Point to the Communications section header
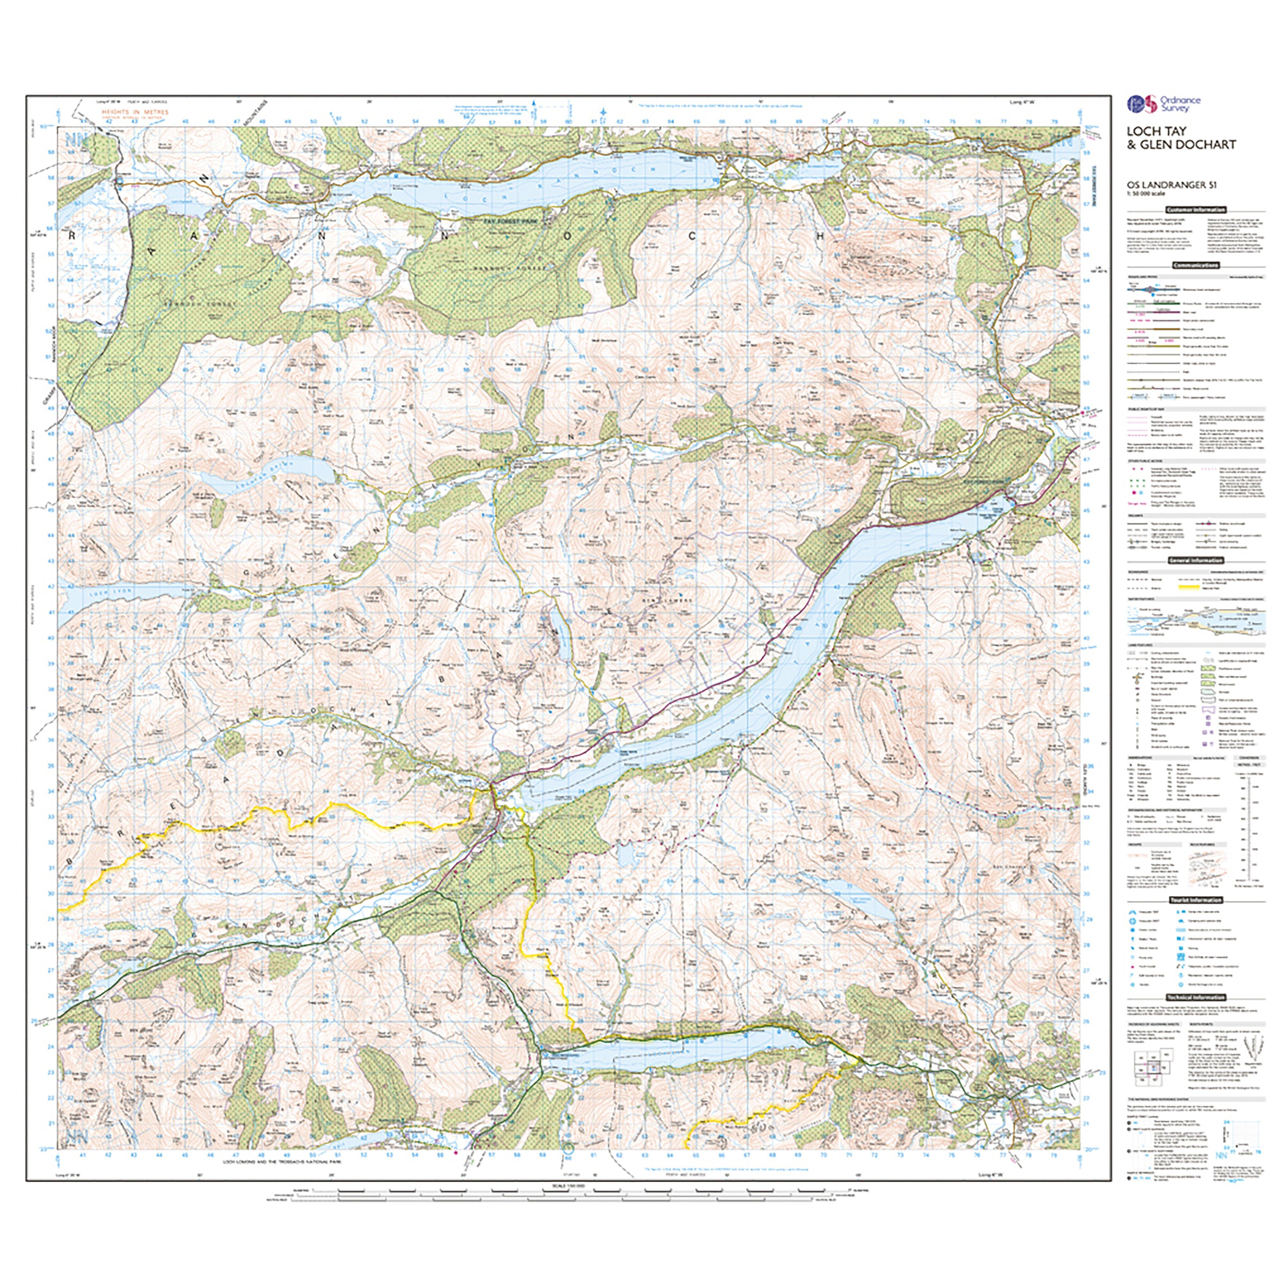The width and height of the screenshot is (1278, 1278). tap(1196, 265)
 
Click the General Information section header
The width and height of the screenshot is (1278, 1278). tap(1196, 560)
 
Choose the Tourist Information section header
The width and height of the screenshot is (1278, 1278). tap(1196, 900)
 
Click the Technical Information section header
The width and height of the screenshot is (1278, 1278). tap(1196, 997)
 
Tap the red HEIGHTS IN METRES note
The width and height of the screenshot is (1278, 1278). tap(135, 112)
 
